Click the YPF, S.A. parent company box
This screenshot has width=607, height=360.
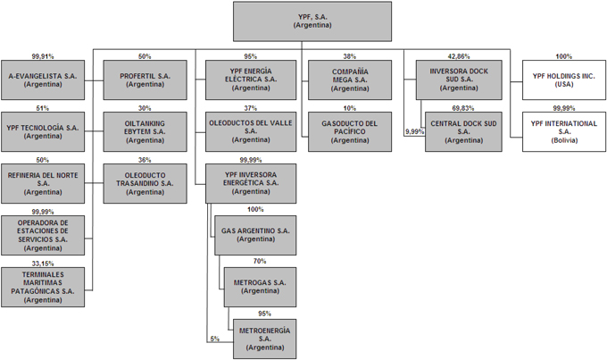(x=312, y=21)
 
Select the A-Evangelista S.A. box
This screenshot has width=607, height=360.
(x=43, y=80)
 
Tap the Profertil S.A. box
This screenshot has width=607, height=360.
(x=145, y=80)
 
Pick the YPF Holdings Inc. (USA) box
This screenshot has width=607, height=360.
(x=564, y=80)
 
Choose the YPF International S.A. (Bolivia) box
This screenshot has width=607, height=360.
(x=564, y=131)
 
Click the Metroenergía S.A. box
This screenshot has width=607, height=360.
(x=265, y=339)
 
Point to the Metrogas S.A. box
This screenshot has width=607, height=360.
(x=260, y=287)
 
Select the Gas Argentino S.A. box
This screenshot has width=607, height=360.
(x=255, y=235)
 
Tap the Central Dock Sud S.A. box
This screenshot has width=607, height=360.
(x=463, y=131)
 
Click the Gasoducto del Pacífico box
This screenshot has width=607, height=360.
(x=350, y=131)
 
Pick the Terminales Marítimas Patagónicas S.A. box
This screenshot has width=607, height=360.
(x=43, y=287)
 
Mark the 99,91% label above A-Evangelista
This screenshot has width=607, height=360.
(x=43, y=56)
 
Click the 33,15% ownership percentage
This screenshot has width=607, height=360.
(x=43, y=264)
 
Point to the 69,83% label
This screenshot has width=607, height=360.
(x=463, y=108)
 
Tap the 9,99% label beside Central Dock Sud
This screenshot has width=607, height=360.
(x=414, y=131)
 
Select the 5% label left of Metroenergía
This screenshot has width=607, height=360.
(x=215, y=339)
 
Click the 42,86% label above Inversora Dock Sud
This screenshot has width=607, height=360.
(x=459, y=56)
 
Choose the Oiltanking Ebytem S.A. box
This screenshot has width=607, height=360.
(x=145, y=131)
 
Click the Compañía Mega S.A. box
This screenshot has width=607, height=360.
(x=350, y=80)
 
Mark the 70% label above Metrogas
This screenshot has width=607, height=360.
(x=260, y=262)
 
